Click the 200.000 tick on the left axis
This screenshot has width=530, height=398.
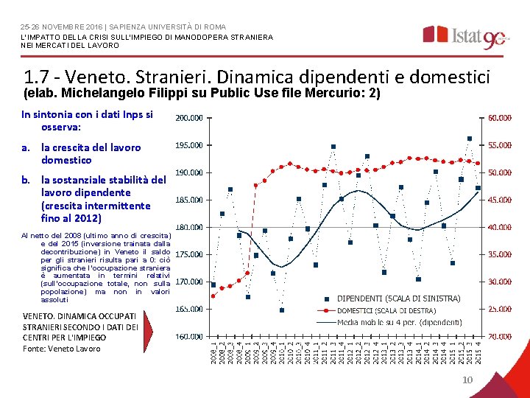[x=189, y=118]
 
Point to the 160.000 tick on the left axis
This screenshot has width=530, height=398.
[x=189, y=336]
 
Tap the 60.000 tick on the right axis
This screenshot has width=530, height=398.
[x=500, y=118]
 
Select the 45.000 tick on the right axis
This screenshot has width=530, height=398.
[x=500, y=200]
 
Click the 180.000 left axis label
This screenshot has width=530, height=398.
[x=189, y=227]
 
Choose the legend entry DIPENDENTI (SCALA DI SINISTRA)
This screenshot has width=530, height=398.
[x=398, y=298]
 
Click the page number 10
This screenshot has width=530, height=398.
[x=466, y=380]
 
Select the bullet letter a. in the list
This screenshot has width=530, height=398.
[x=26, y=147]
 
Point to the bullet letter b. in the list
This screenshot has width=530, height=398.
[x=26, y=179]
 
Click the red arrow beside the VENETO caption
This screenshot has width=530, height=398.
[x=149, y=327]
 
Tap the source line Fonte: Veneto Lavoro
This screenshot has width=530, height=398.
[x=62, y=349]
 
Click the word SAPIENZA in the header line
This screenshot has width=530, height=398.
[x=111, y=27]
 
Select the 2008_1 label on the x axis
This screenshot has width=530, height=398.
[x=213, y=351]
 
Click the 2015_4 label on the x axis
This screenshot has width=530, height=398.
[x=478, y=351]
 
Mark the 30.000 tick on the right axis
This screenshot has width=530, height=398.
[x=500, y=282]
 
